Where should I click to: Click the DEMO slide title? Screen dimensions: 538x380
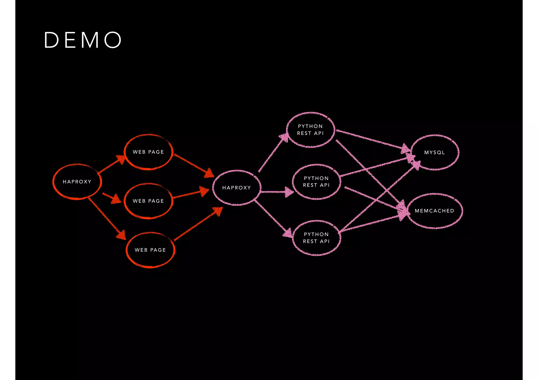click(x=82, y=40)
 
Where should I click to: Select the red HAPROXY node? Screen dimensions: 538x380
click(x=77, y=182)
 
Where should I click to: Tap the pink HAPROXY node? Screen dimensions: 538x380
click(x=236, y=188)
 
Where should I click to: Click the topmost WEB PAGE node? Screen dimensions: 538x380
click(x=148, y=152)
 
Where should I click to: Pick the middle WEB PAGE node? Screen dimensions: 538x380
click(x=148, y=201)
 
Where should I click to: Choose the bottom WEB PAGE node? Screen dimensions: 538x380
click(x=150, y=250)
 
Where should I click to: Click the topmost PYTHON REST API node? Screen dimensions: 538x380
click(x=310, y=130)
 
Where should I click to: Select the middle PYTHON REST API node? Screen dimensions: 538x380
click(x=316, y=182)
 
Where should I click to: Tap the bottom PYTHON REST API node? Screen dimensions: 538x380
click(x=316, y=238)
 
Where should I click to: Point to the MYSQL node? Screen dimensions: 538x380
click(x=434, y=153)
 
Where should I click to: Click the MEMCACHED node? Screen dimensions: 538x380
click(x=434, y=211)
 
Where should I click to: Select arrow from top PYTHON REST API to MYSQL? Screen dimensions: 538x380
click(x=372, y=140)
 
